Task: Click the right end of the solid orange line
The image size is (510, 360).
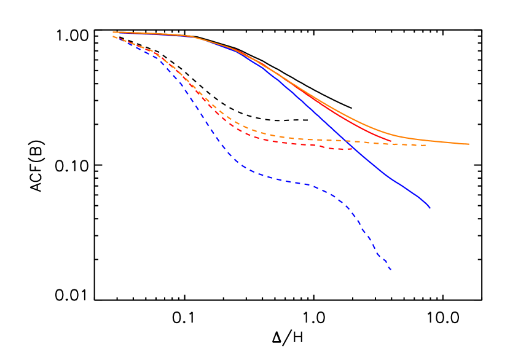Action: [469, 144]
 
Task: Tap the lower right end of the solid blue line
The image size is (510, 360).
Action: [430, 208]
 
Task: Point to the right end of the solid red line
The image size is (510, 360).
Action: [391, 141]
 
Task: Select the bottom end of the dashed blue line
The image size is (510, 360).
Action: [391, 270]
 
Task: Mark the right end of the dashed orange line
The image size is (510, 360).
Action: [426, 146]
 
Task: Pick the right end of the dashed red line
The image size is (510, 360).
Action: [352, 149]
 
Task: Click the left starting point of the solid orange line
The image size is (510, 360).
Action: [113, 32]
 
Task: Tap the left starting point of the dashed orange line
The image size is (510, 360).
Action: [113, 36]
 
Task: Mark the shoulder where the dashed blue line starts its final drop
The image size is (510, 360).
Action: [341, 200]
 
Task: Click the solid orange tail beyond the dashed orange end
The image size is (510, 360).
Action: [449, 143]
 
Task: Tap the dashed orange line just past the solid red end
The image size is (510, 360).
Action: [399, 144]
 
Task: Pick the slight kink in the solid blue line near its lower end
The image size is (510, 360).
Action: [387, 176]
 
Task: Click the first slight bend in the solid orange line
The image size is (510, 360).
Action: [190, 36]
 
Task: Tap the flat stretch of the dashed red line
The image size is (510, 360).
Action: [295, 144]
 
